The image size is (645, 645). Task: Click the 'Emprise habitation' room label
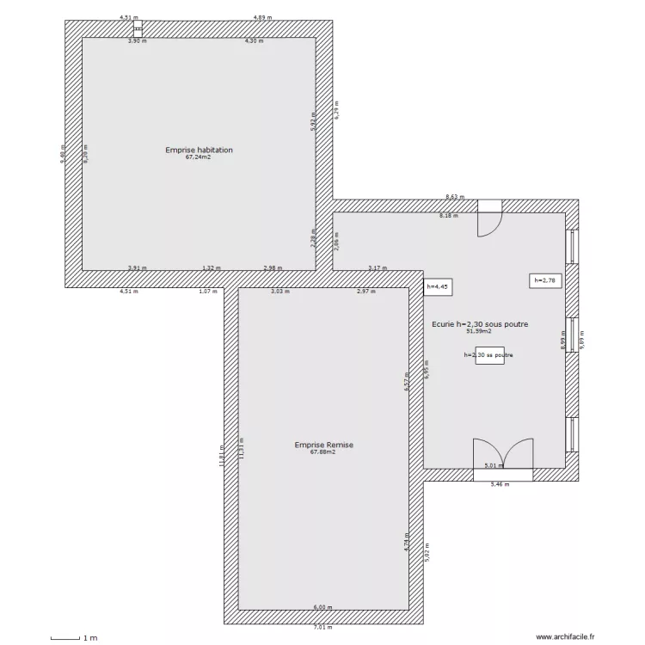(x=199, y=150)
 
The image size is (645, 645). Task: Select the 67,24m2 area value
(x=199, y=157)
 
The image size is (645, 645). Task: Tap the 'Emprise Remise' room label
(x=323, y=445)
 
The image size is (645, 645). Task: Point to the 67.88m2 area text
(x=323, y=452)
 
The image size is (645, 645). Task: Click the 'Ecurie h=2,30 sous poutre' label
(x=479, y=324)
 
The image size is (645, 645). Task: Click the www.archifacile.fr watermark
(x=565, y=637)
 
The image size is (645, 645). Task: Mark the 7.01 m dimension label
(x=322, y=627)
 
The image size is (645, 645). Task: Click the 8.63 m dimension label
(x=454, y=197)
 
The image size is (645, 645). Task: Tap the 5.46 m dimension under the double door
(x=500, y=484)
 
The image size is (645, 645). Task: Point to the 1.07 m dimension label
(x=207, y=292)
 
